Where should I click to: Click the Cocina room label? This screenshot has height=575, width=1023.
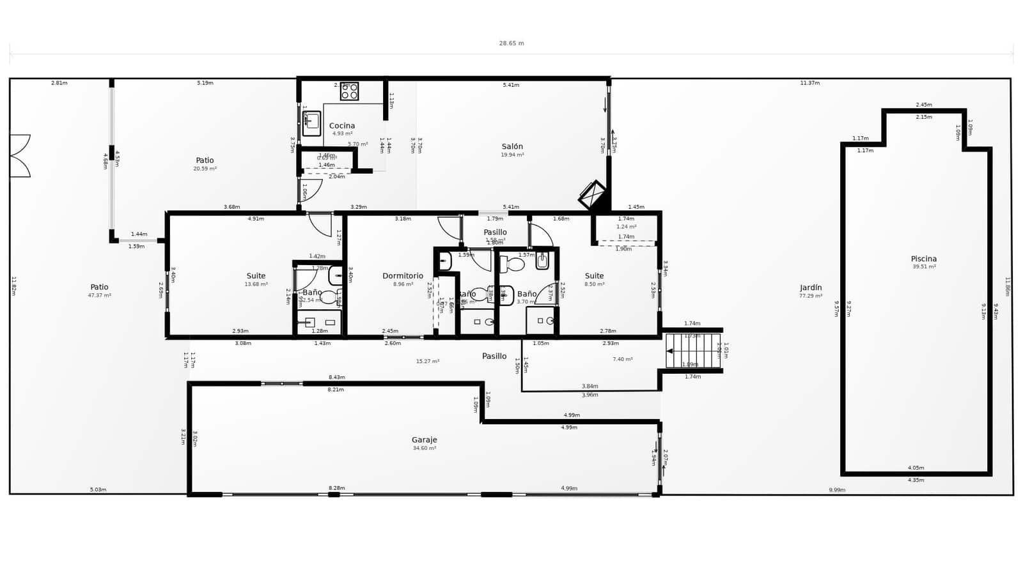[342, 126]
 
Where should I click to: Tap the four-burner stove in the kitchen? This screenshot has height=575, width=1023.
[349, 91]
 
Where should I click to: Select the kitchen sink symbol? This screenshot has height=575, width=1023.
[311, 123]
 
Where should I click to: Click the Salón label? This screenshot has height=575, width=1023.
[512, 146]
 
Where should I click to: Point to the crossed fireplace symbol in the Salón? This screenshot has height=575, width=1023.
[593, 195]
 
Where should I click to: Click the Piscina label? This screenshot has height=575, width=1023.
[924, 259]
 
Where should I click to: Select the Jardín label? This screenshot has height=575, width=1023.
[811, 287]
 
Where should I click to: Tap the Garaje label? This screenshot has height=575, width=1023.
[425, 440]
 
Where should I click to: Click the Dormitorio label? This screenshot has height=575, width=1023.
[403, 276]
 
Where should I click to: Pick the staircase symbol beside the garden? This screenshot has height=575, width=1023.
[692, 351]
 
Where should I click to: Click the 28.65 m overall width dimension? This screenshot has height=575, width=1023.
[511, 43]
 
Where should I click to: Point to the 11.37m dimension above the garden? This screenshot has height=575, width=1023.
[809, 83]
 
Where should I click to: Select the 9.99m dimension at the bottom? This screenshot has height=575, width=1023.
[837, 490]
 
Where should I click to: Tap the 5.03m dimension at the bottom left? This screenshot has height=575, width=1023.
[98, 490]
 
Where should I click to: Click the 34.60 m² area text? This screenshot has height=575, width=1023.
[425, 448]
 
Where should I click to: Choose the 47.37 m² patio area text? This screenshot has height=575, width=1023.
[99, 296]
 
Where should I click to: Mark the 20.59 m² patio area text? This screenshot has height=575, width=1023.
[205, 169]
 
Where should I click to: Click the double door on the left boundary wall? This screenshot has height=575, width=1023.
[19, 156]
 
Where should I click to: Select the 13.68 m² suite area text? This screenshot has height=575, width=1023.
[256, 284]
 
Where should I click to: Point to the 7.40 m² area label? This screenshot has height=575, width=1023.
[622, 359]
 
